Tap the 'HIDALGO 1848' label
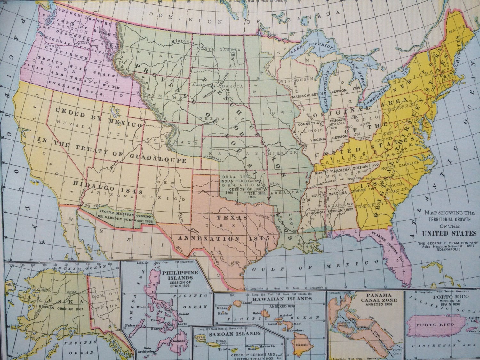click(x=108, y=187)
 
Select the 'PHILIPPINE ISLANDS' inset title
click(x=180, y=275)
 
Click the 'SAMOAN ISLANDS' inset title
click(x=234, y=333)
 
